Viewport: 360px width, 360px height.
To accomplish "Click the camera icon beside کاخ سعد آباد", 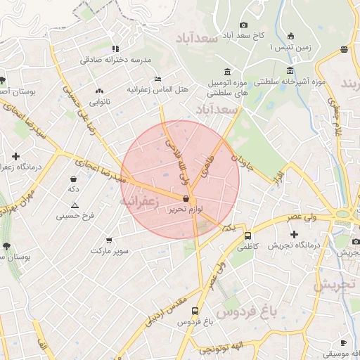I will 243,25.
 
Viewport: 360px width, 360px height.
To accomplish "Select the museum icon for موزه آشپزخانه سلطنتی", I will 290,70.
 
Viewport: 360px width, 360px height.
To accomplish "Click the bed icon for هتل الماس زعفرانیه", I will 158,79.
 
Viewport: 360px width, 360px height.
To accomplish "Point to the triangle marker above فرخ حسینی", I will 75,205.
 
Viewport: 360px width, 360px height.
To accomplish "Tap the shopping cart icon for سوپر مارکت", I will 108,240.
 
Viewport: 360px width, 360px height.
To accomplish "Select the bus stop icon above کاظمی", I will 247,236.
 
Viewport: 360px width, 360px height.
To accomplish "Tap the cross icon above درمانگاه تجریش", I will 294,233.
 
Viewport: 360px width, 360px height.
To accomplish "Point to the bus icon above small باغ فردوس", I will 194,311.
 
